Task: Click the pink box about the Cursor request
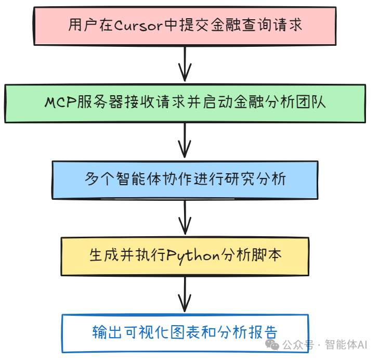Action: (x=185, y=26)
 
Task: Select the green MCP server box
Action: (x=185, y=103)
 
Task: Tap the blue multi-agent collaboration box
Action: (x=185, y=179)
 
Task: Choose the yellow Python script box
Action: (x=185, y=256)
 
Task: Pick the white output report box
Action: (x=185, y=333)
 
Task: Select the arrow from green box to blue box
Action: (x=185, y=141)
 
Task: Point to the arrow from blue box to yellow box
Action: (x=185, y=217)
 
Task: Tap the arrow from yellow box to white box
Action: (x=185, y=294)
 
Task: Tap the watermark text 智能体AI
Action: (x=346, y=345)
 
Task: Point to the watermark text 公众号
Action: (x=298, y=345)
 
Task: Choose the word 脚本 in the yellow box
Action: (x=270, y=255)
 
